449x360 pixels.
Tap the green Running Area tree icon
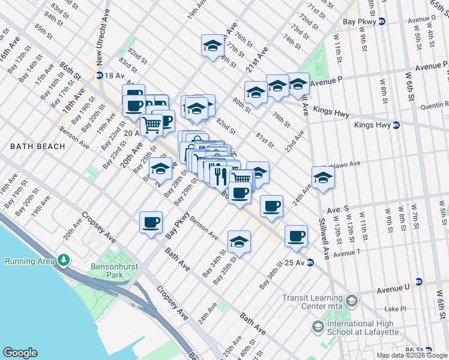62,260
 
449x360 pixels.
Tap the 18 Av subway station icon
99,75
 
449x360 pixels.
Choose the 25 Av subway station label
295,262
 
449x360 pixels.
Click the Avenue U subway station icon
419,281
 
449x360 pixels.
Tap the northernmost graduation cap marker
212,46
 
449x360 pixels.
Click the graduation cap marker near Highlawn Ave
323,178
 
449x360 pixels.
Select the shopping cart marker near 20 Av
152,124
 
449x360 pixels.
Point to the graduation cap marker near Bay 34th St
239,241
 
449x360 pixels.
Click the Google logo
20,353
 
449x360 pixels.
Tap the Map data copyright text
412,355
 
